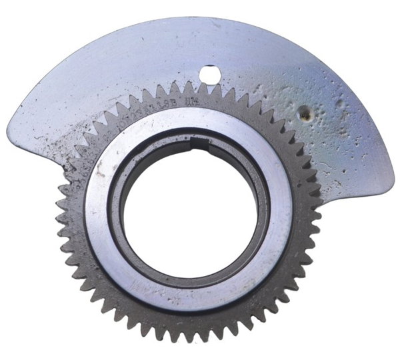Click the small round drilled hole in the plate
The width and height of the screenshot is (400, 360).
click(x=210, y=75)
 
